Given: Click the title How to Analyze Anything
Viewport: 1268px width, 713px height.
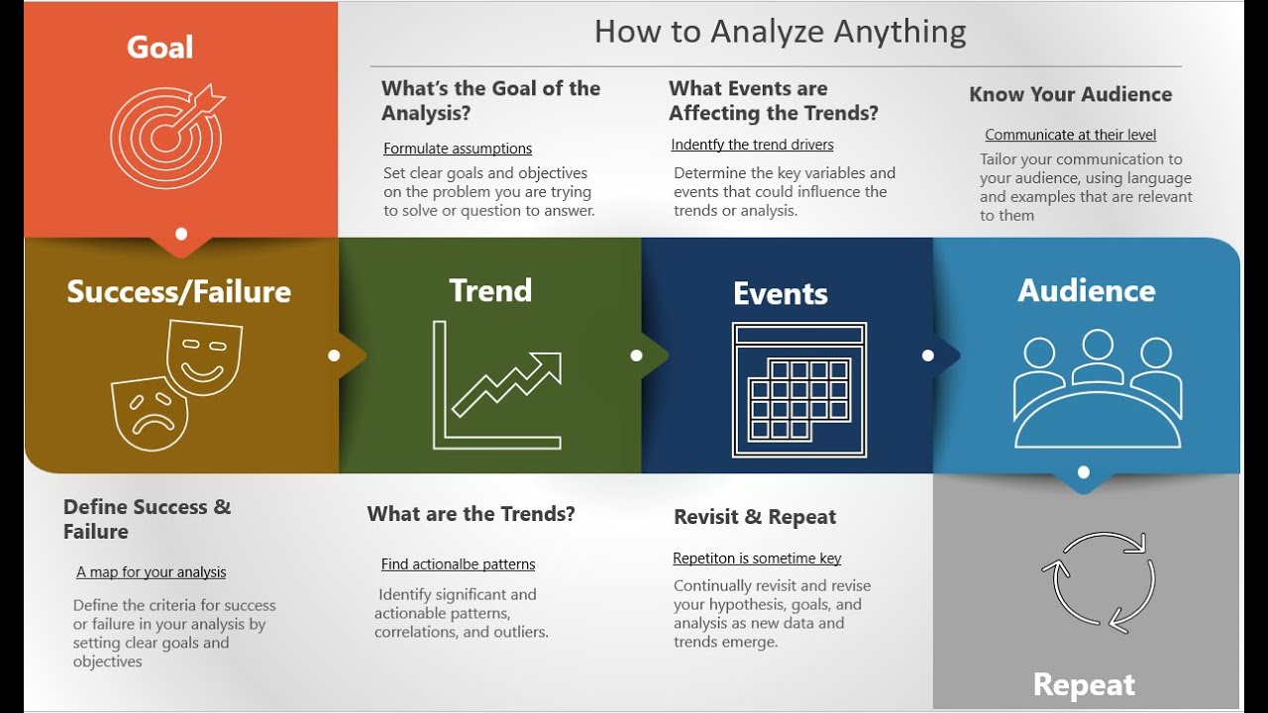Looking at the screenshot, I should pos(780,32).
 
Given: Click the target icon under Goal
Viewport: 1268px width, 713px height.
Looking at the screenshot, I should pos(165,137).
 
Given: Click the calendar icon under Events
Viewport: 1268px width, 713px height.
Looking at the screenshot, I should pos(799,389).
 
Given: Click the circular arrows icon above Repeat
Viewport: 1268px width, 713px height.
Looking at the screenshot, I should pos(1098,581).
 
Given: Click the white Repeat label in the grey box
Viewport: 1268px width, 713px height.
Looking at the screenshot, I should pos(1084,684).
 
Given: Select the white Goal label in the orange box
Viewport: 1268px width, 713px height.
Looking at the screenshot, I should pos(160,47).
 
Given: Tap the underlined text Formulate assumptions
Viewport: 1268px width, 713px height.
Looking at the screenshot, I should pos(458,149).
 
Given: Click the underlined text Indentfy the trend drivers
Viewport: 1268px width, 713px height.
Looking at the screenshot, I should pos(752,145).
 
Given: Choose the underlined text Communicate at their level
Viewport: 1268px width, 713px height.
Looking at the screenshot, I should pos(1070,135).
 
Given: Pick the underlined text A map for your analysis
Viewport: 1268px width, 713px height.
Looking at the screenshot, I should pos(151,572).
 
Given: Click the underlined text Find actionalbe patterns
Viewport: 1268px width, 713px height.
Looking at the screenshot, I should pos(458,564).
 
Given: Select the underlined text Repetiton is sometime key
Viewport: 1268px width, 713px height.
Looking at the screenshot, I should pos(757,559).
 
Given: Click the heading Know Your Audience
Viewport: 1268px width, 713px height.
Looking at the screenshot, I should pos(1070,94).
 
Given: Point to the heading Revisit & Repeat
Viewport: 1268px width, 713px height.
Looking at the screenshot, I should pos(755,517).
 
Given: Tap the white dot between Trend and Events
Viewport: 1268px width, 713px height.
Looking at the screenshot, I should pos(636,356).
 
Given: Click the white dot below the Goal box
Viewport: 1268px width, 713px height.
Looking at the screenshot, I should pos(180,235).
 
